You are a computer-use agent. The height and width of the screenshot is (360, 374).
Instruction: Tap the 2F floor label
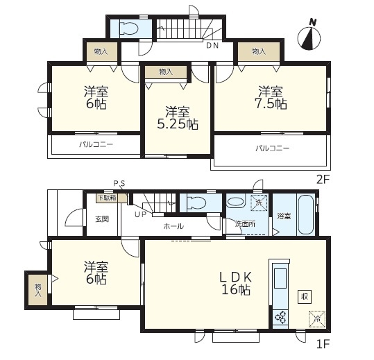pos(323,180)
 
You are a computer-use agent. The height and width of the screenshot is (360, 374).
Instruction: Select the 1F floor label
pos(323,344)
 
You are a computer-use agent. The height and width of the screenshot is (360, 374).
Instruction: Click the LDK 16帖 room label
pos(236,284)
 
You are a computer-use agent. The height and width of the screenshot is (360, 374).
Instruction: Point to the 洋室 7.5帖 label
pos(271,98)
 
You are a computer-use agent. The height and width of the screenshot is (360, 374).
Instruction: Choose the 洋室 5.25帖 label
pos(178,118)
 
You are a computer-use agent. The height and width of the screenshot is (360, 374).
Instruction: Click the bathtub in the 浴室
pos(305,215)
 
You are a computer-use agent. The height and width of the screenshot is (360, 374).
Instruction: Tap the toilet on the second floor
pos(129,28)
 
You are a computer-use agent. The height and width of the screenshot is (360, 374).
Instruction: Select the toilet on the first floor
pos(196,203)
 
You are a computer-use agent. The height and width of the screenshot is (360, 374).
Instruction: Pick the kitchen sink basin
pos(280,278)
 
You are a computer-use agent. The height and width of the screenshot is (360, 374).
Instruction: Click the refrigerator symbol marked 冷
pos(317,319)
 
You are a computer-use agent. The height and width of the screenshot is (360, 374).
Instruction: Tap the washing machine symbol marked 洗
pos(259,203)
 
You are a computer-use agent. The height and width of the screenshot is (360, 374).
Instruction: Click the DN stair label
pos(212,45)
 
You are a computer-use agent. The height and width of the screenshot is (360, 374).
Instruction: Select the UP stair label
pos(140,214)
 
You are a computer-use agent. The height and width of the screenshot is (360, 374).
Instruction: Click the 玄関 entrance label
pos(102,219)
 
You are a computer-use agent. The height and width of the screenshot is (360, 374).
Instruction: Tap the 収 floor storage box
pos(305,297)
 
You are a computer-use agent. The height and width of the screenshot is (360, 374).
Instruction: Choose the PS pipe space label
pos(119,183)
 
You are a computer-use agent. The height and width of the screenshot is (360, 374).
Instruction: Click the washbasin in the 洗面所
pos(236,201)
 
